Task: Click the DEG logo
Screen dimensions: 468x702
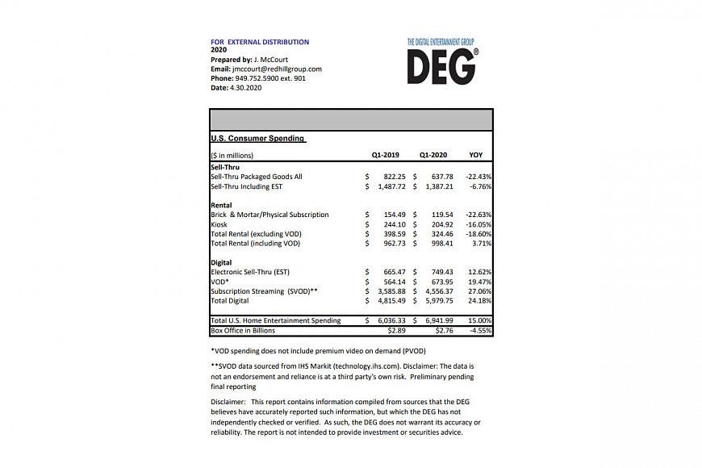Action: [x=442, y=63]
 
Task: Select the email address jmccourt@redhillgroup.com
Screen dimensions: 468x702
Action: [x=277, y=69]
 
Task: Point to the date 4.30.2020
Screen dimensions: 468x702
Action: [x=246, y=88]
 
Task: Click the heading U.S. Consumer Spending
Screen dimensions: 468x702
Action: [x=257, y=138]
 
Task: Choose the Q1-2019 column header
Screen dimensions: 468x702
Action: [x=386, y=155]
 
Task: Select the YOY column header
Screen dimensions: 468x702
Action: [x=476, y=155]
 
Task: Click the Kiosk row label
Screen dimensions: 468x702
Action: [x=219, y=224]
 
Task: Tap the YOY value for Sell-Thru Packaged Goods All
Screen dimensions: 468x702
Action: [x=476, y=176]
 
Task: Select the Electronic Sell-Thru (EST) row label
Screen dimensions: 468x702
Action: [x=249, y=272]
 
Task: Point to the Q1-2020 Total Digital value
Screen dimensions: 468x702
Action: [x=436, y=300]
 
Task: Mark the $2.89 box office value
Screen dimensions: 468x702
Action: [x=395, y=330]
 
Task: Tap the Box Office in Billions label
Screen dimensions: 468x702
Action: [x=243, y=330]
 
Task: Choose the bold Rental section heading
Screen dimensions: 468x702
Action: [x=221, y=205]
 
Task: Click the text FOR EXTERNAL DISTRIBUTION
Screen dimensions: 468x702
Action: [x=260, y=42]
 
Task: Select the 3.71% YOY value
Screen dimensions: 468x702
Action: [x=479, y=243]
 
